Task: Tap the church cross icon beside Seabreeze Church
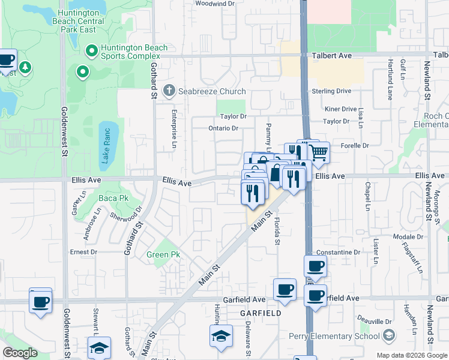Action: pos(169,91)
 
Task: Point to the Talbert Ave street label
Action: pos(332,55)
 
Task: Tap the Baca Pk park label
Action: pos(113,197)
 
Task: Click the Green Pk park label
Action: pos(158,254)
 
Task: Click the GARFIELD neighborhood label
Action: pos(261,314)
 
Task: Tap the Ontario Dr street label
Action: pos(223,128)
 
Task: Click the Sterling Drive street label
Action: pos(331,91)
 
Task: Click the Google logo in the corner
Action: pos(19,352)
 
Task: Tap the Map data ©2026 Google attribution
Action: pos(411,355)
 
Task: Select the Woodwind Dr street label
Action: pos(214,4)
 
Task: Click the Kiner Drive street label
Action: pos(340,109)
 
